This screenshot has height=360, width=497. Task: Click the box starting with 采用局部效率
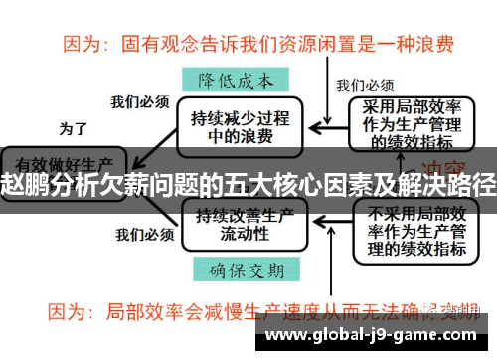(x=409, y=124)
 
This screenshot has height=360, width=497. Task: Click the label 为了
(x=74, y=128)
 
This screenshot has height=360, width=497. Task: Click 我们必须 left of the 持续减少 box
(x=139, y=100)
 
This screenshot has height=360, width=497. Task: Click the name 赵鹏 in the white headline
(x=24, y=185)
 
